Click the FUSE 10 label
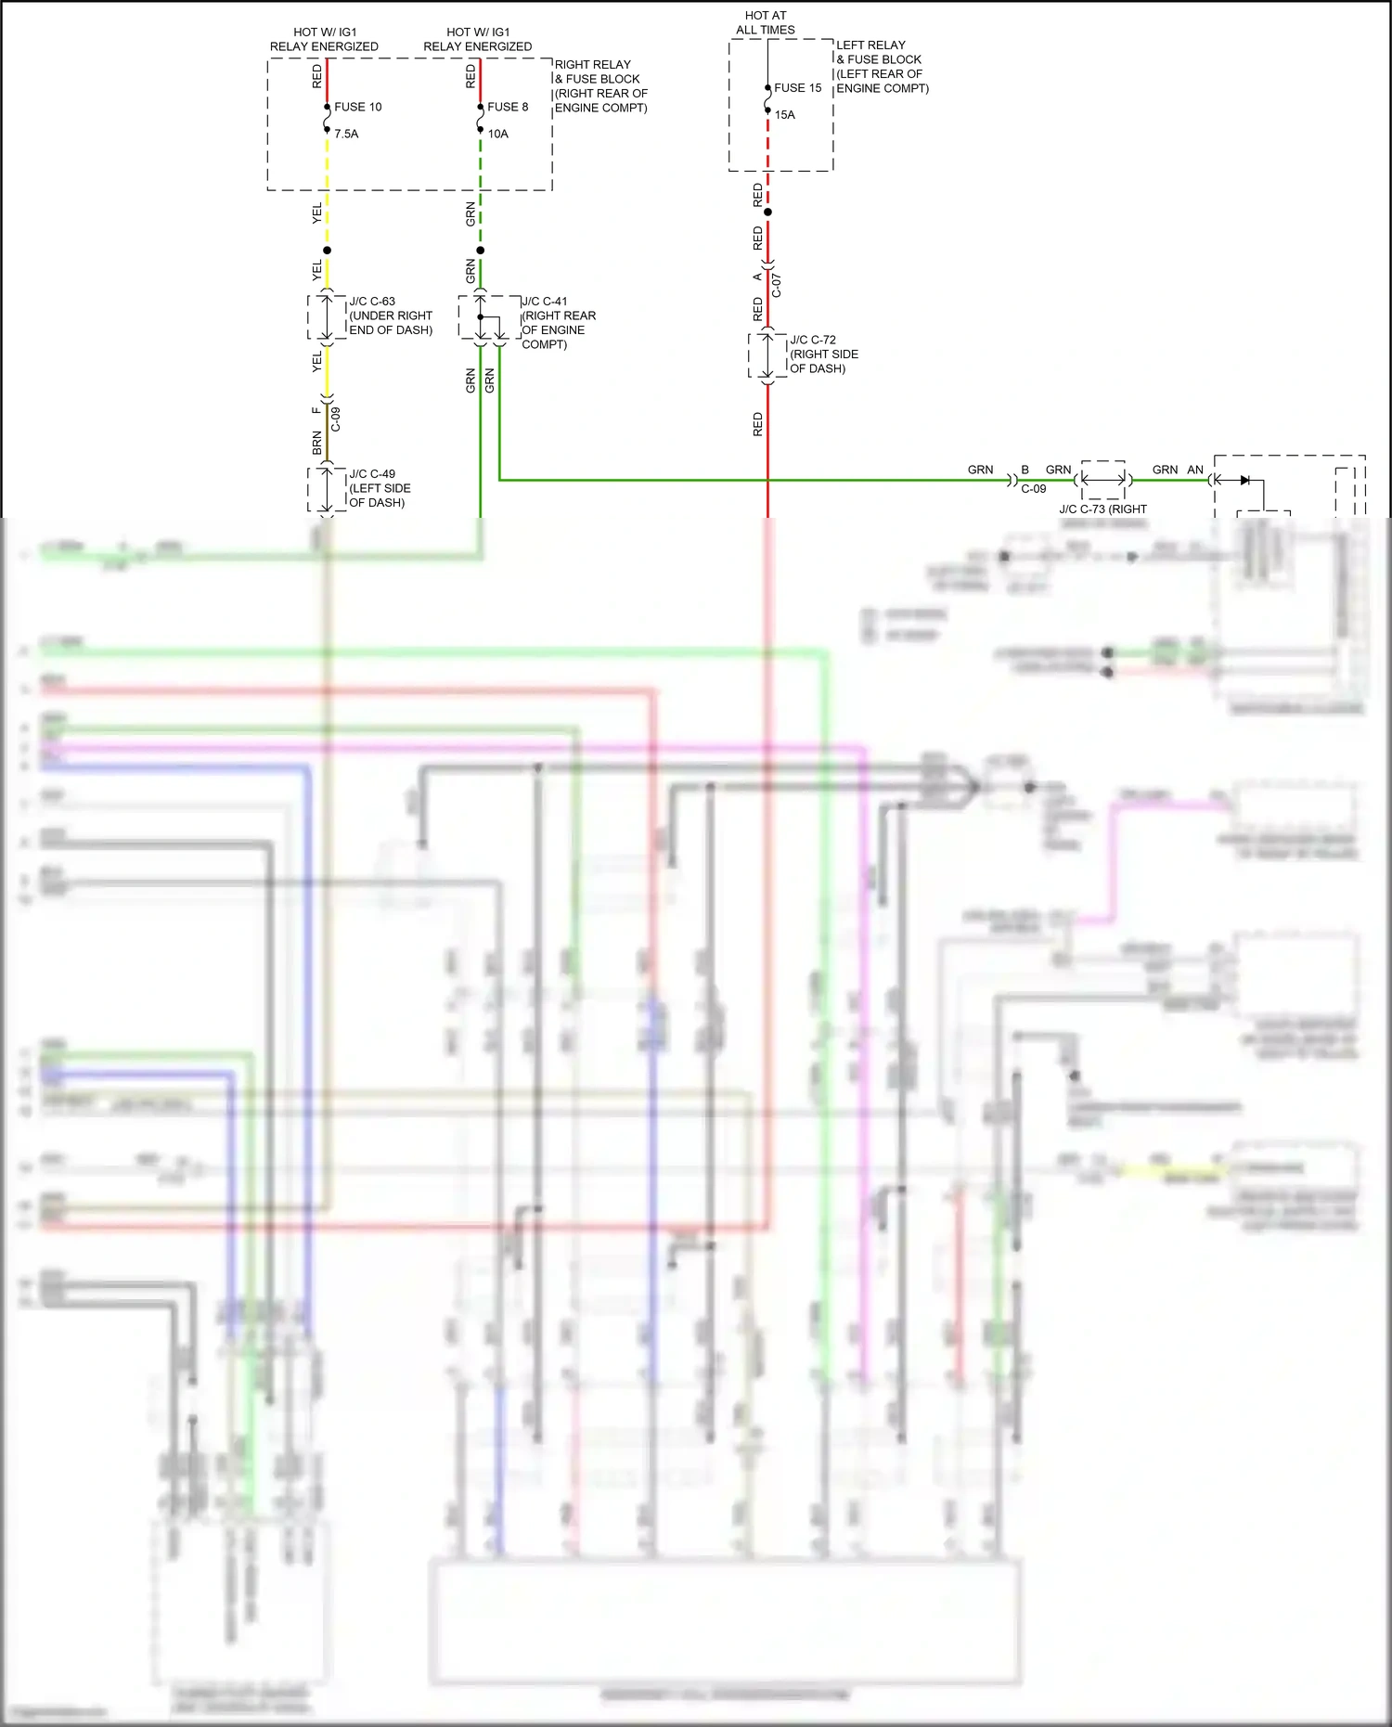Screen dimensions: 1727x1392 tap(357, 107)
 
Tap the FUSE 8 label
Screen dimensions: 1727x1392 tap(508, 107)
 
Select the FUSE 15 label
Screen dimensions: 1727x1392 tap(797, 88)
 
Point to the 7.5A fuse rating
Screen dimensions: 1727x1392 tap(346, 134)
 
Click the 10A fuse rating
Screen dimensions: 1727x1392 tap(497, 134)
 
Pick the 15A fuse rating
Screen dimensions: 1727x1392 tap(785, 115)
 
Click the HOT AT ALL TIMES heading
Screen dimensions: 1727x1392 tap(765, 22)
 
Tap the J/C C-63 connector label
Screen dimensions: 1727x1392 tap(372, 302)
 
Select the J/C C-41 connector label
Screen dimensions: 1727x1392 tap(545, 302)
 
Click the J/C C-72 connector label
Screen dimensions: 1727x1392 tap(813, 340)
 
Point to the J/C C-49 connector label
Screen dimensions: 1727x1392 tap(372, 474)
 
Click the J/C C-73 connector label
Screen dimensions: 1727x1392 tap(1102, 509)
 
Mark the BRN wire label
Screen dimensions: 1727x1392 tap(317, 443)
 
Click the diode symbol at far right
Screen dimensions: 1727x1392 tap(1244, 480)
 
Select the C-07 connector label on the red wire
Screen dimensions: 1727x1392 tap(777, 285)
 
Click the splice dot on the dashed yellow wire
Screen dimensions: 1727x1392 tap(327, 251)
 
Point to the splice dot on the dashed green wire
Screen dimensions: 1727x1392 tap(480, 251)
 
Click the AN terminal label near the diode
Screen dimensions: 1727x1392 tap(1195, 470)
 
